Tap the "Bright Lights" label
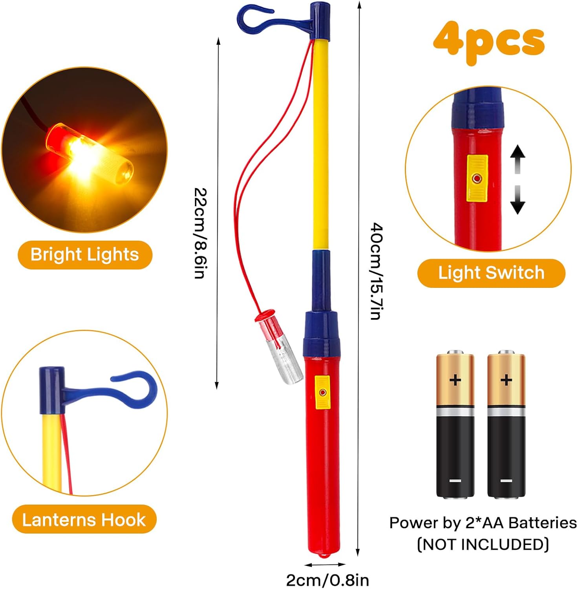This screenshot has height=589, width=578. (85, 254)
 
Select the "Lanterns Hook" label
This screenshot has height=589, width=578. (84, 520)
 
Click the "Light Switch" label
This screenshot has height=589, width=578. (491, 273)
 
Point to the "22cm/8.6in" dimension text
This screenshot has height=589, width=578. (200, 233)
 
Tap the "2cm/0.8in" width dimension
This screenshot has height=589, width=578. (327, 580)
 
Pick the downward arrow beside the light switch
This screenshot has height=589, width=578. (518, 200)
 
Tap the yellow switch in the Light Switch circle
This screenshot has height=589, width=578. (477, 179)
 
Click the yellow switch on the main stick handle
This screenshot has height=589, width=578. (322, 392)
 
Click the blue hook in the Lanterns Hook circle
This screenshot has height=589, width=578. (134, 389)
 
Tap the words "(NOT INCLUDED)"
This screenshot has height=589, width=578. (483, 545)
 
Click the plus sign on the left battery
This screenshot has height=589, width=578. (455, 380)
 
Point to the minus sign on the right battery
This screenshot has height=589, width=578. (506, 481)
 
